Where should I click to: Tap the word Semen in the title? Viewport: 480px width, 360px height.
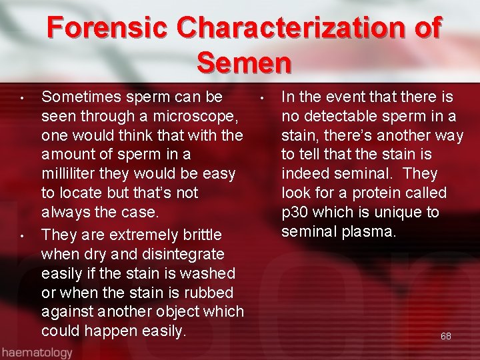click(x=244, y=63)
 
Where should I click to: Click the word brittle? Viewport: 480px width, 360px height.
click(x=201, y=235)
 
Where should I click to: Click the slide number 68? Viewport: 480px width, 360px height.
click(x=446, y=336)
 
